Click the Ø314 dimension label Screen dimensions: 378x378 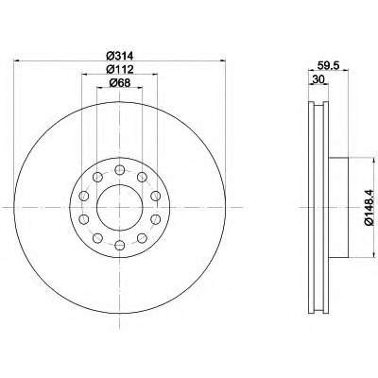click(x=120, y=56)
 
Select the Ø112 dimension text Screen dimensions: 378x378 click(x=120, y=69)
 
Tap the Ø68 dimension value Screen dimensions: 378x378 click(x=120, y=83)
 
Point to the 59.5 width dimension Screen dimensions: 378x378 click(x=328, y=65)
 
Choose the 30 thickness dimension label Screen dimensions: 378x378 click(x=318, y=79)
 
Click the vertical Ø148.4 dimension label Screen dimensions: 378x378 click(x=369, y=207)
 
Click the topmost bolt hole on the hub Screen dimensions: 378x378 click(x=120, y=170)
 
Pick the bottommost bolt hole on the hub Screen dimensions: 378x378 click(x=120, y=245)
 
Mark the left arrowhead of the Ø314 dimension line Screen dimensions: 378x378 click(x=17, y=60)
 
